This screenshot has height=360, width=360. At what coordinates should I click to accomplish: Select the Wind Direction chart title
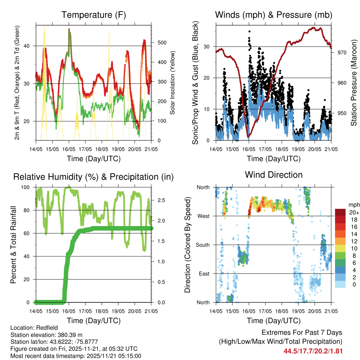coord(274,175)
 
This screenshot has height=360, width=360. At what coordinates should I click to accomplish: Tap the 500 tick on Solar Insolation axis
coord(162,43)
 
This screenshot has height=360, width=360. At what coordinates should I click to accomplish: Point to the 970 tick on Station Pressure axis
coord(342,52)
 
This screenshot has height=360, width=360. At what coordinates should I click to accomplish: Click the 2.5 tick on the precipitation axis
coord(162,200)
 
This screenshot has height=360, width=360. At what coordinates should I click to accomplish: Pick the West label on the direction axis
coord(203,216)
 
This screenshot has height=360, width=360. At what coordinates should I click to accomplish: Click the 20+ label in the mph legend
coord(353,213)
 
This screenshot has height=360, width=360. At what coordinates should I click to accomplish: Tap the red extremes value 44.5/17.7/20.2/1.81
coord(313,351)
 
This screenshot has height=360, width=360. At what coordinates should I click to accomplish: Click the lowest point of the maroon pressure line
coord(248,137)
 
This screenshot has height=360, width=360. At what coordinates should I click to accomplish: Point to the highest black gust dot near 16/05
coord(249,31)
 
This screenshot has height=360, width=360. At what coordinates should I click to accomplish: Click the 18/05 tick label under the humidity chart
coord(102,311)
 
